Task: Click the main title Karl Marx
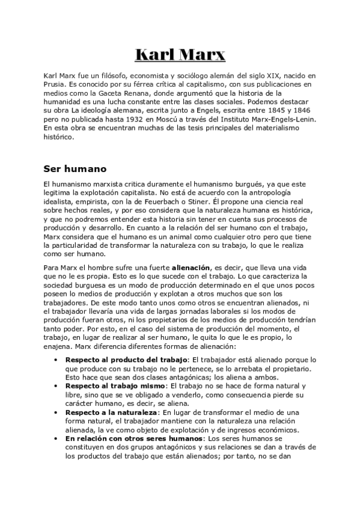tap(180, 55)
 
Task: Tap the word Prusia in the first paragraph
tap(56, 85)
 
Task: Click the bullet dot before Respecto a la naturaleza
tap(55, 412)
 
